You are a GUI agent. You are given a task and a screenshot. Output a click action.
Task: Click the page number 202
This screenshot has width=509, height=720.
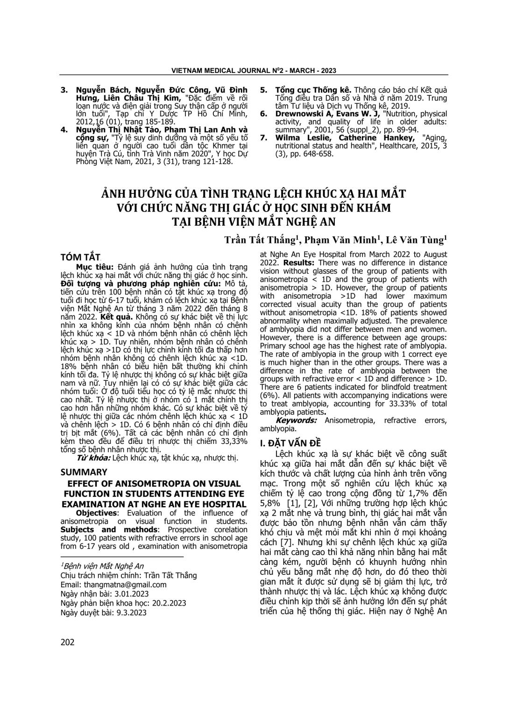click(68, 642)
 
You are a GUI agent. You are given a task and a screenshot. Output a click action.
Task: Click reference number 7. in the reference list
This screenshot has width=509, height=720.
click(264, 138)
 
